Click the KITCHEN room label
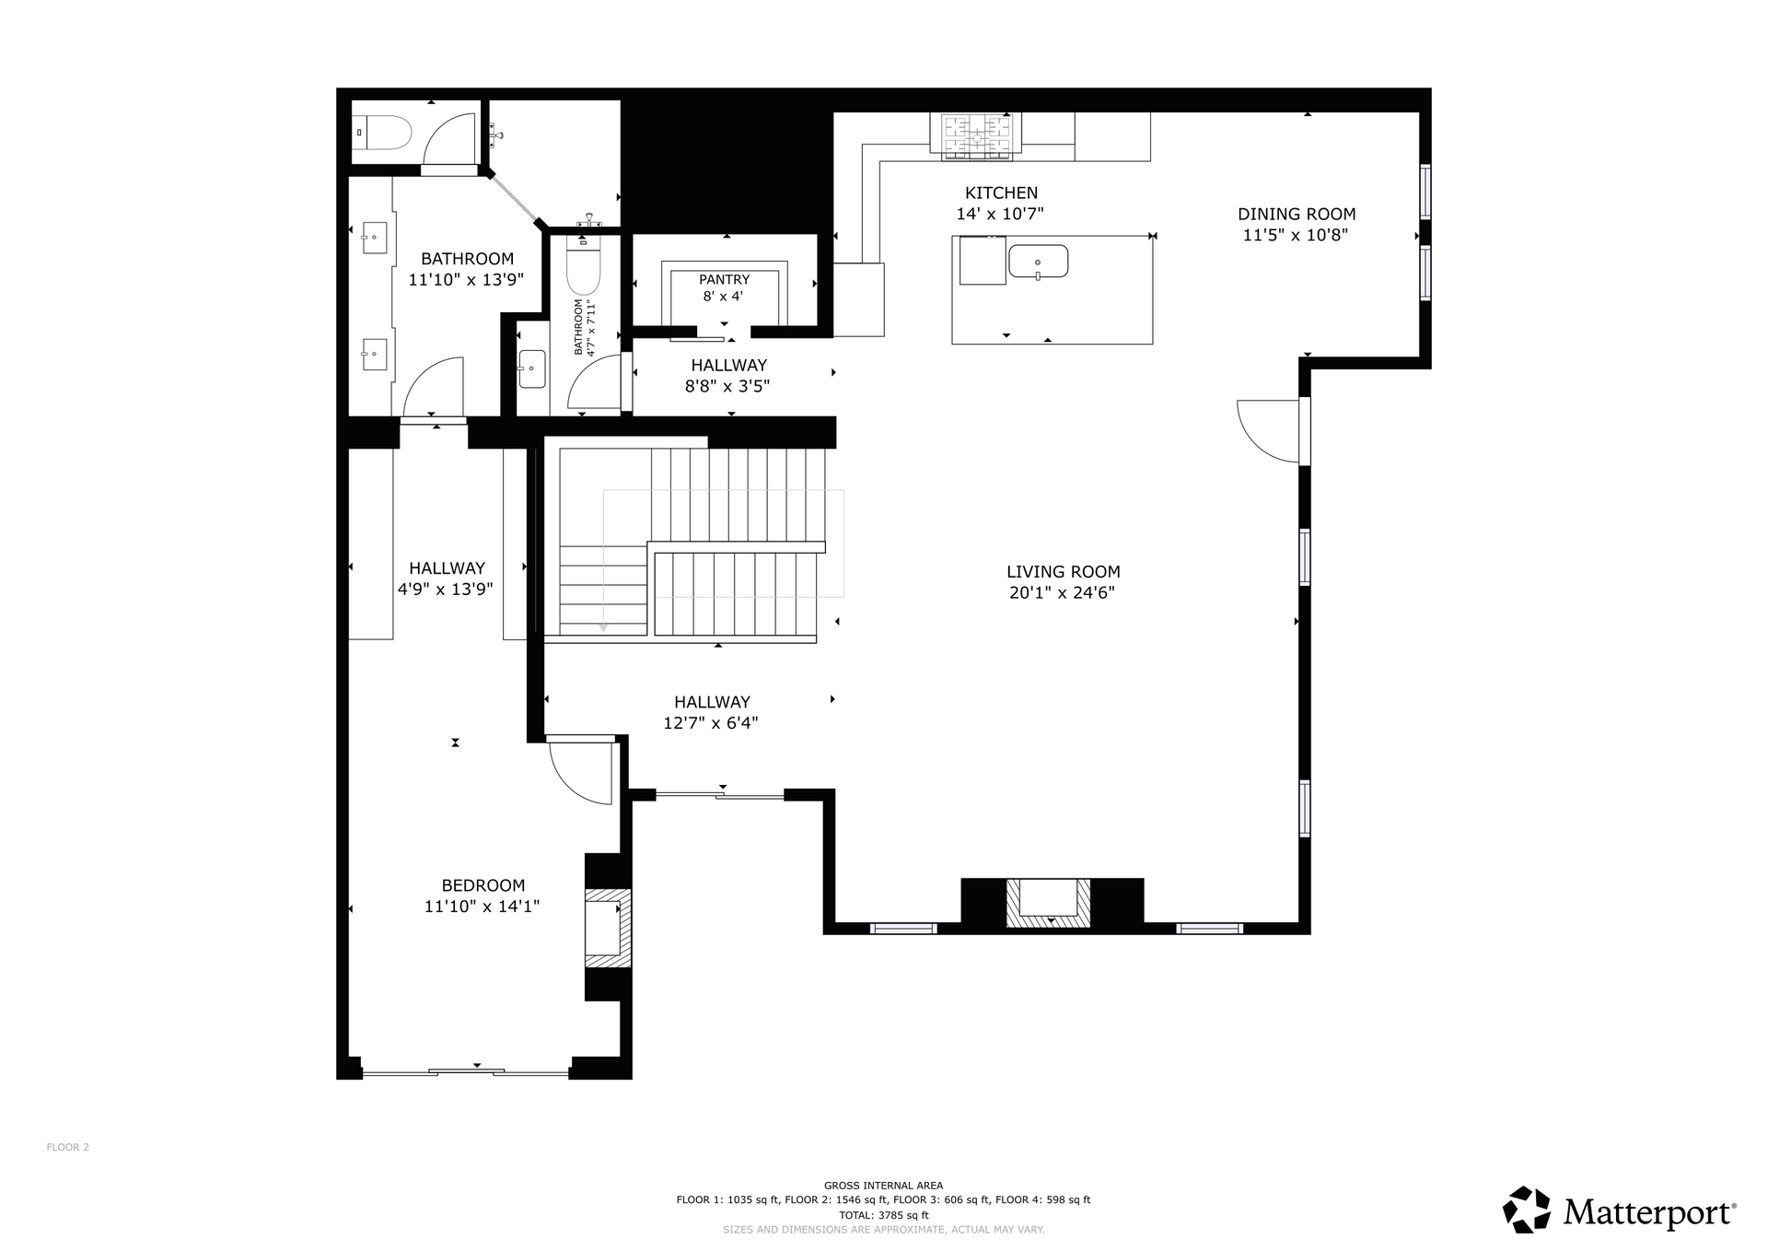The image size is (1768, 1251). coord(1001,193)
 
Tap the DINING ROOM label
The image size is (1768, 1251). coord(1296,215)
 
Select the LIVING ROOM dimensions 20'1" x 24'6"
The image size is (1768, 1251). coord(1062,593)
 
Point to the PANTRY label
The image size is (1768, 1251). coord(724,280)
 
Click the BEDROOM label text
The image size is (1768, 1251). coord(483,886)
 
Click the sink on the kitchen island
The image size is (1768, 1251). coord(1038,262)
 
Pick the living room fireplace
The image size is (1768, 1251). coord(1048,903)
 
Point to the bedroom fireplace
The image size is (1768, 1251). coord(609,928)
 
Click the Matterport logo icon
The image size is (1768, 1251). coord(1527,1210)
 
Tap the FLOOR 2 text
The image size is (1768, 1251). coord(68,1148)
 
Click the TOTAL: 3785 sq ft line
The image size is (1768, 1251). coord(883,1215)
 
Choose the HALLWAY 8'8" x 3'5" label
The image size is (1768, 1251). coord(727,376)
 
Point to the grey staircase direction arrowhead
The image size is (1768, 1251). coord(603,627)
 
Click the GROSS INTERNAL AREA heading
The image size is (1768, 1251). coord(883,1186)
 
